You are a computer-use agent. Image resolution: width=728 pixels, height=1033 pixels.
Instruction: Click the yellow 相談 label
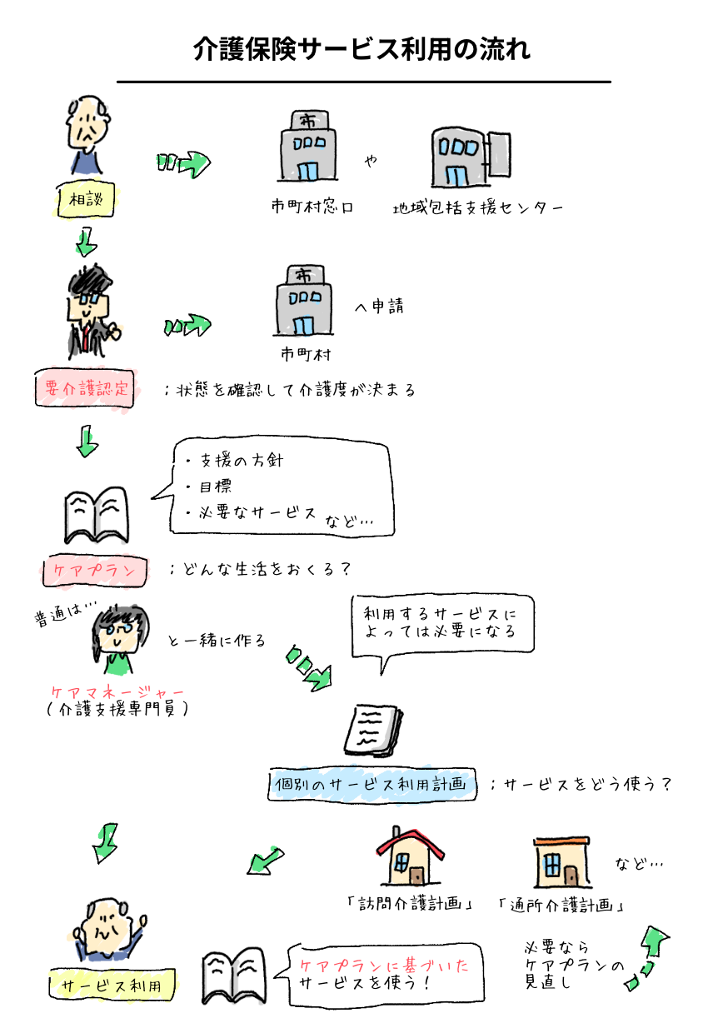87,200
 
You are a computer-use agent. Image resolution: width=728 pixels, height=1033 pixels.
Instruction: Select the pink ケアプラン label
94,571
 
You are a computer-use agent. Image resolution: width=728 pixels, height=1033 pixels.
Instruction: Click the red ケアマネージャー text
117,692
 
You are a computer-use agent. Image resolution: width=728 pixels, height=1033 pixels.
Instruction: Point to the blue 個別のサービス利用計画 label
374,785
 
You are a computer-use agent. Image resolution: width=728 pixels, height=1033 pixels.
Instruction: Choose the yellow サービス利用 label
113,986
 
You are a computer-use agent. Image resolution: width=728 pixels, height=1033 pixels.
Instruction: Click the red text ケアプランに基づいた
384,966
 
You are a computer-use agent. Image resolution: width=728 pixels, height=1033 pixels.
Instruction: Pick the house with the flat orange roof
560,862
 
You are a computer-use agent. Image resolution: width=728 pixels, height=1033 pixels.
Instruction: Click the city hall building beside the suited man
304,302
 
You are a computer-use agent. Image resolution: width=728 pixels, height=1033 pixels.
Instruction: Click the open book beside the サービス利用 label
234,976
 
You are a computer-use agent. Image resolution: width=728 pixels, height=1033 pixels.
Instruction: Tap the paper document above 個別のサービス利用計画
371,730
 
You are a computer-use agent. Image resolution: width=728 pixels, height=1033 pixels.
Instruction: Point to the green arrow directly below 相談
84,243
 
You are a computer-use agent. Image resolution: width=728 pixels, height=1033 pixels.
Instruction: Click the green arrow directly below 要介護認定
87,442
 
